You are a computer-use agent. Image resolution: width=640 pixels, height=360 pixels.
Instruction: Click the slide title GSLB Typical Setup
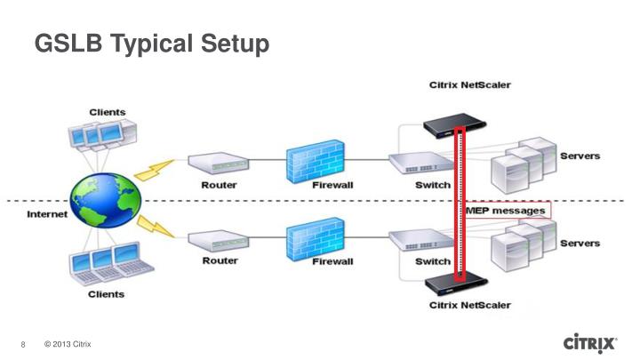coord(151,42)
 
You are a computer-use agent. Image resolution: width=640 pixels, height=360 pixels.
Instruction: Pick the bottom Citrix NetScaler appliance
coord(459,283)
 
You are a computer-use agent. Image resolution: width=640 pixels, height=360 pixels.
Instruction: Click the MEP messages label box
coord(508,211)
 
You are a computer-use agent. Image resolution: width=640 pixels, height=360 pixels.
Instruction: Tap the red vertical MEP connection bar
coord(460,204)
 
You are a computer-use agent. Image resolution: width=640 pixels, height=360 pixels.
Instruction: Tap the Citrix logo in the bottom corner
coord(589,343)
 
